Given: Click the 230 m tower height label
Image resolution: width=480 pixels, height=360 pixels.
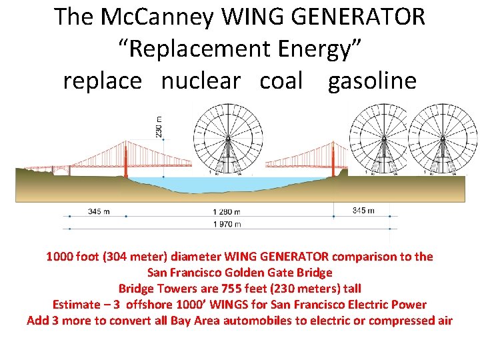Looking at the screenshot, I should (x=159, y=127).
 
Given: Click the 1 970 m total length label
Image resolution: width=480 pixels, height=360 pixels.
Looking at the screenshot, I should (x=227, y=225).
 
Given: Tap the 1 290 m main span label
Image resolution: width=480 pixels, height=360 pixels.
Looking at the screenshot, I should (x=227, y=212).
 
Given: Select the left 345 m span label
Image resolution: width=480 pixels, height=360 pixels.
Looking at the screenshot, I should (x=99, y=211).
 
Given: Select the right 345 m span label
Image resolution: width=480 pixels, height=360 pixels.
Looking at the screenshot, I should (x=363, y=211).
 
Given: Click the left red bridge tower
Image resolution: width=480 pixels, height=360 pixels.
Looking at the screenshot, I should (x=126, y=160).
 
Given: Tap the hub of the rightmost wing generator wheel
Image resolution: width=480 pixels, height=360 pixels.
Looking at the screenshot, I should (x=442, y=138).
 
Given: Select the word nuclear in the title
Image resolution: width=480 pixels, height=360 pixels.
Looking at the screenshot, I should (x=200, y=81).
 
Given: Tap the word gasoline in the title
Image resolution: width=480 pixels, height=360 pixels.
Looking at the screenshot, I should (x=372, y=81).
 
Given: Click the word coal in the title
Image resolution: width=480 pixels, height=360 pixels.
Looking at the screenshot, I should (x=281, y=81).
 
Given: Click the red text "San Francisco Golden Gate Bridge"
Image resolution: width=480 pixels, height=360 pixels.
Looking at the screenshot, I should (x=239, y=272).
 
